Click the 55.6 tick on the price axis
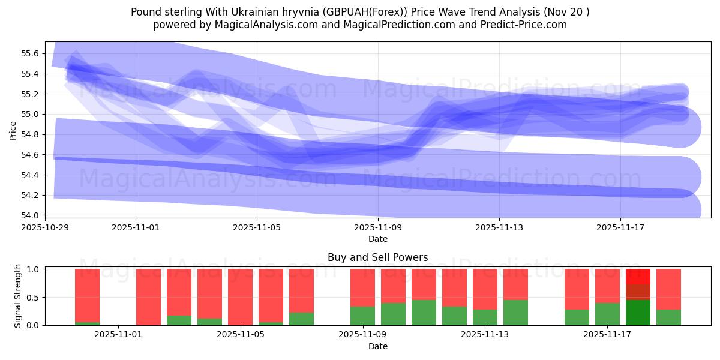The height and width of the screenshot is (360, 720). pyautogui.click(x=30, y=53)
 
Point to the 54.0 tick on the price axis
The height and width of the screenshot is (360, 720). pyautogui.click(x=30, y=215)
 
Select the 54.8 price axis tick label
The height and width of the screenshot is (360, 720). pyautogui.click(x=30, y=134)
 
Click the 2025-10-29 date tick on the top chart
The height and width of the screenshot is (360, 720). pyautogui.click(x=45, y=228)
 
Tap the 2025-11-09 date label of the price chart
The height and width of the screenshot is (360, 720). pyautogui.click(x=378, y=228)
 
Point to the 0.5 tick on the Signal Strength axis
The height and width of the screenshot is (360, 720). pyautogui.click(x=32, y=297)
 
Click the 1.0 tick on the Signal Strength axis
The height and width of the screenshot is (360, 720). pyautogui.click(x=32, y=269)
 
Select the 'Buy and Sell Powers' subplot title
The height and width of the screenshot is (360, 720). pyautogui.click(x=377, y=257)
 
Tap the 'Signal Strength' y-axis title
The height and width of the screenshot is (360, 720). pyautogui.click(x=18, y=296)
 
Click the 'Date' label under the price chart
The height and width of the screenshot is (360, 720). pyautogui.click(x=377, y=239)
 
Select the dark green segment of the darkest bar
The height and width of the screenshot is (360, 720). pyautogui.click(x=638, y=313)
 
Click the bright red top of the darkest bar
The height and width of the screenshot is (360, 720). pyautogui.click(x=638, y=277)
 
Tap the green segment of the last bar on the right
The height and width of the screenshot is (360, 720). pyautogui.click(x=668, y=317)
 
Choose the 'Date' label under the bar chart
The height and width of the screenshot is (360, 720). pyautogui.click(x=377, y=346)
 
